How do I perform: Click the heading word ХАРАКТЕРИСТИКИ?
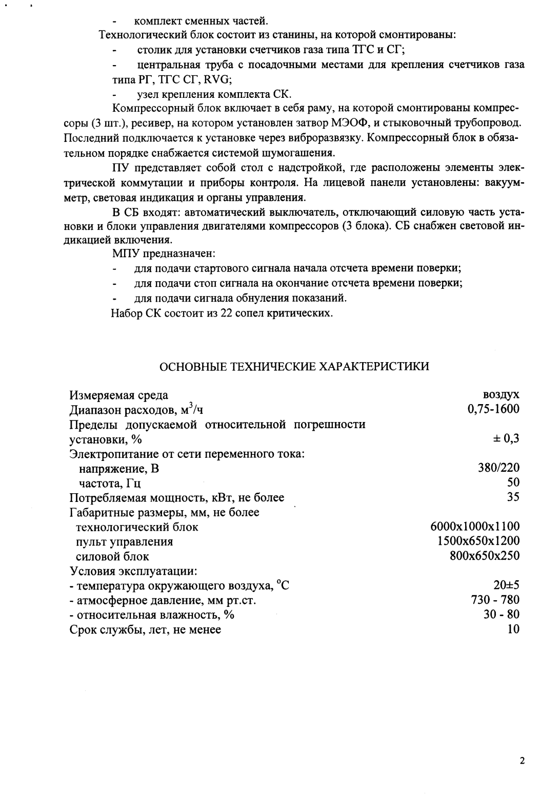pyautogui.click(x=375, y=367)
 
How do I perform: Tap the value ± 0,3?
pyautogui.click(x=506, y=438)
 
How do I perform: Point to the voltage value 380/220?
pyautogui.click(x=498, y=468)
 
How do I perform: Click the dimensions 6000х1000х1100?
pyautogui.click(x=475, y=527)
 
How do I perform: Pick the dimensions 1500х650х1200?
pyautogui.click(x=478, y=541)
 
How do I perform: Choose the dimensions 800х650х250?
pyautogui.click(x=484, y=556)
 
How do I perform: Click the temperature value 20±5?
pyautogui.click(x=506, y=585)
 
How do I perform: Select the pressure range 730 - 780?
pyautogui.click(x=495, y=600)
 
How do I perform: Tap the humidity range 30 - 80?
pyautogui.click(x=502, y=615)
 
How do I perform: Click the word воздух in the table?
pyautogui.click(x=501, y=394)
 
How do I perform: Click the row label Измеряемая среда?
pyautogui.click(x=118, y=395)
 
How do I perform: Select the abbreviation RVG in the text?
pyautogui.click(x=217, y=79)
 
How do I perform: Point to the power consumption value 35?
pyautogui.click(x=513, y=497)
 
